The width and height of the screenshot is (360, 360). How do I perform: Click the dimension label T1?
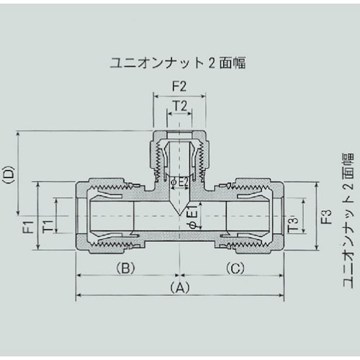[x=48, y=225]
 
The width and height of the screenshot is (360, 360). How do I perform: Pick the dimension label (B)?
[x=124, y=268]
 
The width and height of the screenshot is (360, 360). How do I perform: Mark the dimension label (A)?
[x=179, y=287]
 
